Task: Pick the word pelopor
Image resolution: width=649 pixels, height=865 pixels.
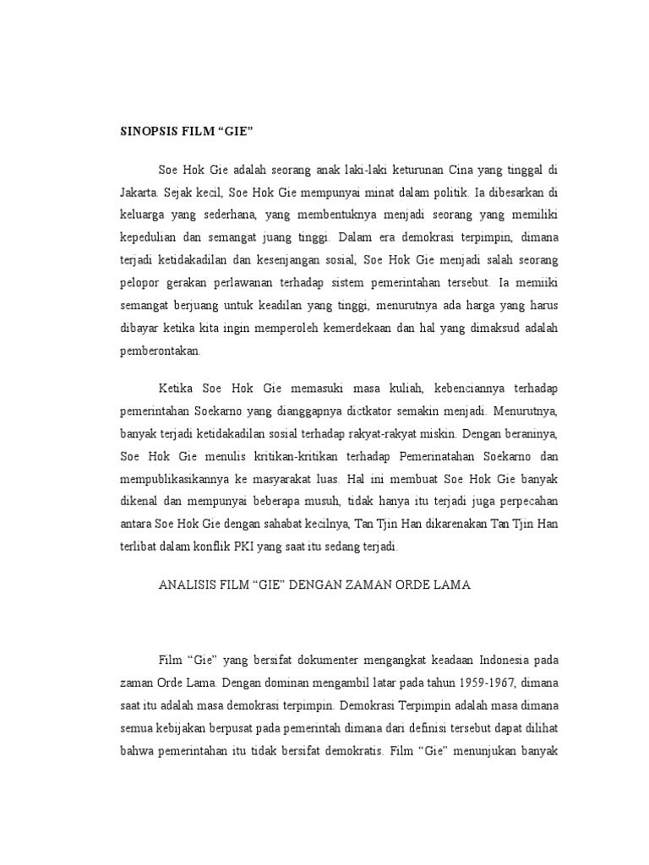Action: coord(135,280)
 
